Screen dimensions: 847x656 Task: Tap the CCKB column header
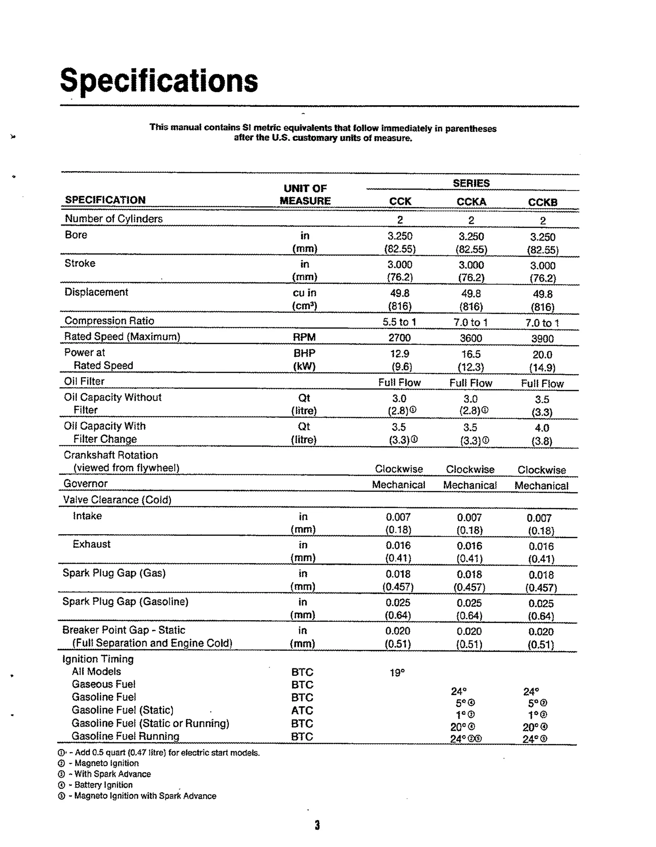pyautogui.click(x=542, y=202)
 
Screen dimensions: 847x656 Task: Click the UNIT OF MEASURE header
pyautogui.click(x=305, y=195)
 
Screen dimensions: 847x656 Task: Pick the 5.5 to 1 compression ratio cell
pyautogui.click(x=399, y=322)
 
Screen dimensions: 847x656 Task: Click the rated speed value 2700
pyautogui.click(x=399, y=338)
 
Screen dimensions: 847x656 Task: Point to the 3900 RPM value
pyautogui.click(x=542, y=339)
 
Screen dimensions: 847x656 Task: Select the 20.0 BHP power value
pyautogui.click(x=542, y=355)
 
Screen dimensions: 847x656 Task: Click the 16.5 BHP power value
pyautogui.click(x=471, y=354)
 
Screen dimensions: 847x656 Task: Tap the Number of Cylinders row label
pyautogui.click(x=114, y=219)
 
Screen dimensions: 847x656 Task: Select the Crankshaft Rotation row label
pyautogui.click(x=111, y=455)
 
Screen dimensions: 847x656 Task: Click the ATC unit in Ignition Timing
pyautogui.click(x=302, y=711)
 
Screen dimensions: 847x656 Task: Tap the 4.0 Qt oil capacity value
pyautogui.click(x=542, y=428)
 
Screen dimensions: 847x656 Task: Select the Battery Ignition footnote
pyautogui.click(x=103, y=785)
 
